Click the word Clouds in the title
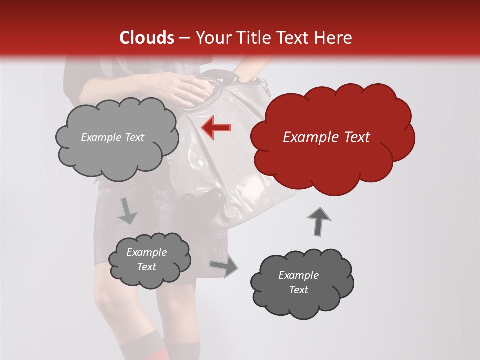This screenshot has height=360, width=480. pos(147,38)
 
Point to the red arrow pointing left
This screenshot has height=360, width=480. pos(216,128)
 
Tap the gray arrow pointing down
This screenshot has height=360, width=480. pos(127,211)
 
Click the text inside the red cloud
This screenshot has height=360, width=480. pos(326,137)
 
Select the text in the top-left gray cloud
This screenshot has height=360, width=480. pos(112,137)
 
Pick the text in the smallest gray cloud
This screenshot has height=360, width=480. pos(146,259)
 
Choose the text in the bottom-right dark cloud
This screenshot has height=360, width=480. pos(298,282)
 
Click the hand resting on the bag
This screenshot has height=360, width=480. pos(190,90)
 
